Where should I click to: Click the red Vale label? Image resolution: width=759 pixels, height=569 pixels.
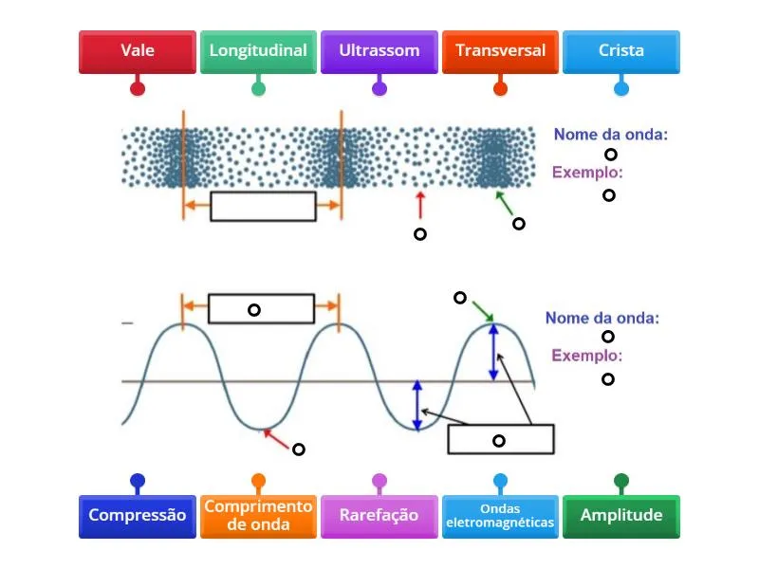[x=138, y=51]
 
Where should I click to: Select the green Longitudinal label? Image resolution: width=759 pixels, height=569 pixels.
[x=258, y=51]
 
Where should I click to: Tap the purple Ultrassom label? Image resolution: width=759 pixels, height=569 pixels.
[x=379, y=51]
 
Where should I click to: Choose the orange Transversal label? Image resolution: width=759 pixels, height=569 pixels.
[x=500, y=51]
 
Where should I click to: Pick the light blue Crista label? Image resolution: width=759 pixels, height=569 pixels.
[x=621, y=51]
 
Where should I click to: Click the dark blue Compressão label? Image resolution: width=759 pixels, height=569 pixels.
[x=138, y=516]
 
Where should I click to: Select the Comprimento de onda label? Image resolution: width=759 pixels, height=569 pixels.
[x=258, y=516]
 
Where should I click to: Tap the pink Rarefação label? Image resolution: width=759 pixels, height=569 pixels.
[x=379, y=516]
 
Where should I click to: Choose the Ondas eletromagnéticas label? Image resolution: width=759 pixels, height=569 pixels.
[x=500, y=516]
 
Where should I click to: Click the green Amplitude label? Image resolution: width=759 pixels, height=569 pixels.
[x=621, y=516]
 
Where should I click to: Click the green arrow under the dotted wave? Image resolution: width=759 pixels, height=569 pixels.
[x=504, y=202]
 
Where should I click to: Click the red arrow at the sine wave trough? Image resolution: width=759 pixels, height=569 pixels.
[x=276, y=438]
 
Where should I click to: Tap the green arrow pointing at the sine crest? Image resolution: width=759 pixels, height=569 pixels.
[x=482, y=311]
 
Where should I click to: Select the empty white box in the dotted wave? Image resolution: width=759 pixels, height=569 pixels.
[x=263, y=206]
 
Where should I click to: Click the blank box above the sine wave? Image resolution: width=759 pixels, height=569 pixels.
[x=261, y=309]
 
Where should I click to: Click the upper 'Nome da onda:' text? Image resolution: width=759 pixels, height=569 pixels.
[x=610, y=135]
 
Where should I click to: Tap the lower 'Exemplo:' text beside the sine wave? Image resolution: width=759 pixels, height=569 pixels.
[x=587, y=357]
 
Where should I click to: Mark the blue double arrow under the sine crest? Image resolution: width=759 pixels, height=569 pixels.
[x=493, y=352]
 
